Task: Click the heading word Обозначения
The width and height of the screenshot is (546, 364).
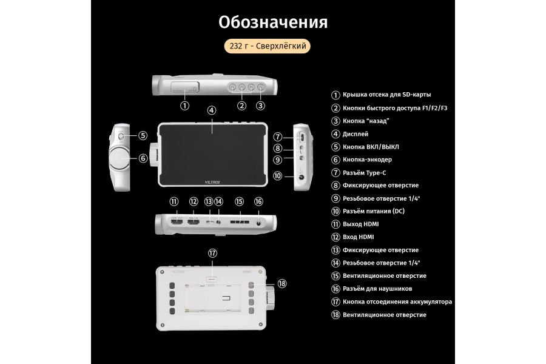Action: click(x=273, y=22)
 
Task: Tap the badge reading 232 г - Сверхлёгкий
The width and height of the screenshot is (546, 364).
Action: click(x=268, y=47)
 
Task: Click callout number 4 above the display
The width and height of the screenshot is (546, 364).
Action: click(x=211, y=110)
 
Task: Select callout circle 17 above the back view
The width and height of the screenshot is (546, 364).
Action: click(x=212, y=253)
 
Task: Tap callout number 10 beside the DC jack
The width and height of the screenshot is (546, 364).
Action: click(x=277, y=177)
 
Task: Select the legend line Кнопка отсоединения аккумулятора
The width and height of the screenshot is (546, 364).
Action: click(x=397, y=302)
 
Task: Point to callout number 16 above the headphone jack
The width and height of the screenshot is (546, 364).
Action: click(x=258, y=201)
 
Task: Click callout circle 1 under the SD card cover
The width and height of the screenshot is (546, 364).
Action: click(x=184, y=106)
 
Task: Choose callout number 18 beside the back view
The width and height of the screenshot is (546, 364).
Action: click(x=282, y=283)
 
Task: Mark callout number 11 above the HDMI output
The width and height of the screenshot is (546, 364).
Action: click(x=174, y=201)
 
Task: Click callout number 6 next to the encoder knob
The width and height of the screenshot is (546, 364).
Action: click(x=143, y=158)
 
